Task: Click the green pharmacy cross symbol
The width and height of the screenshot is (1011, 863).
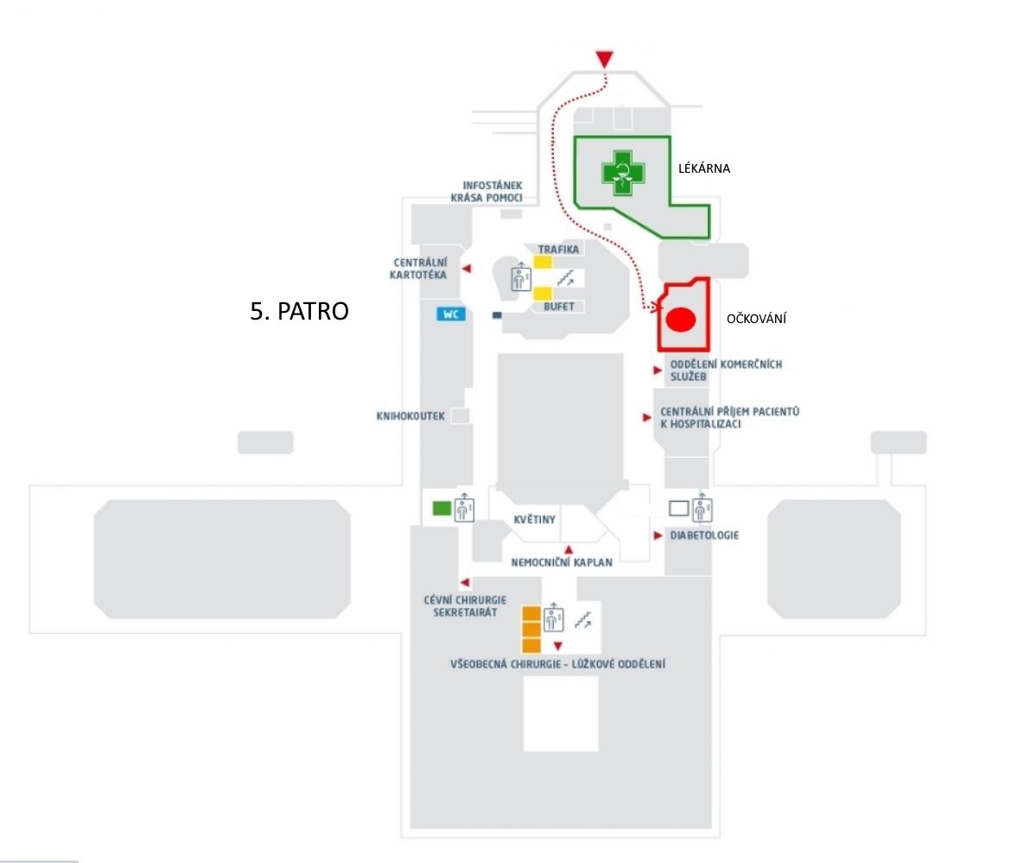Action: [622, 173]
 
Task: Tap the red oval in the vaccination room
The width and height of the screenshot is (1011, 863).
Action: [680, 320]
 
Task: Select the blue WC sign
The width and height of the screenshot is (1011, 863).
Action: [451, 314]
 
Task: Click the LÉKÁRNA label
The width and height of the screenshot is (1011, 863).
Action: [704, 168]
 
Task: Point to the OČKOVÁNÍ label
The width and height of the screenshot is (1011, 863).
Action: [756, 319]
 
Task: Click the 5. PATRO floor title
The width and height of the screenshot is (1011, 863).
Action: [299, 311]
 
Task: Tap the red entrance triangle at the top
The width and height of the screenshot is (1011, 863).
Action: [604, 60]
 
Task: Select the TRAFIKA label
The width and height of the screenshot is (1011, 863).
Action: [558, 250]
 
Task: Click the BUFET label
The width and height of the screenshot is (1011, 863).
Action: [558, 307]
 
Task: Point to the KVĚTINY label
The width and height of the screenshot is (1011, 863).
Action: [535, 519]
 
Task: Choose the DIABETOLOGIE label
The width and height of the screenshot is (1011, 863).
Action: [704, 536]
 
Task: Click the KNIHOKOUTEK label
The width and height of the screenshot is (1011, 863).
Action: [410, 416]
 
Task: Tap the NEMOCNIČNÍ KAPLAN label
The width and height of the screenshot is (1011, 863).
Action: [562, 562]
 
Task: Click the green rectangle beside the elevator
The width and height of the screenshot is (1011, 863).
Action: [442, 509]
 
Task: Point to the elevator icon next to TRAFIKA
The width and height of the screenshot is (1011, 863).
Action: [521, 276]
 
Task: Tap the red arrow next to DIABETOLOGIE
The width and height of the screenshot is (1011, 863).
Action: [658, 536]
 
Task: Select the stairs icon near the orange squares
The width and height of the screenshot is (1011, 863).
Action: [583, 620]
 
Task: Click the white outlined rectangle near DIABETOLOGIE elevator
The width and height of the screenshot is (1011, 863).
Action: [679, 509]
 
